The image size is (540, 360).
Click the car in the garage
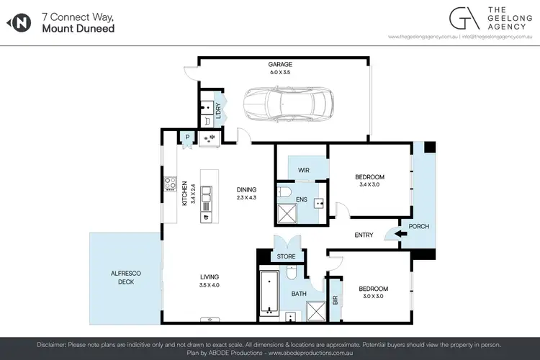point(286,104)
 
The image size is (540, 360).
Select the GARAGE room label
point(280,64)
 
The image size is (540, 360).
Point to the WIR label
point(303,171)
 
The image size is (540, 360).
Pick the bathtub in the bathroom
point(269,292)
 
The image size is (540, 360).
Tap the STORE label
point(287,256)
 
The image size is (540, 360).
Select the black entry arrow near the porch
point(391,233)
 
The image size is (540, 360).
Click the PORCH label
point(419,226)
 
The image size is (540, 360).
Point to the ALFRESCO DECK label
point(127,277)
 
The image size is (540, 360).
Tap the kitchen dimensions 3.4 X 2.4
point(192,192)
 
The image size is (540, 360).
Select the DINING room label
point(246,190)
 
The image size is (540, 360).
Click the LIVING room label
point(210,276)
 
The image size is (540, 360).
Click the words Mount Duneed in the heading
point(78,29)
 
